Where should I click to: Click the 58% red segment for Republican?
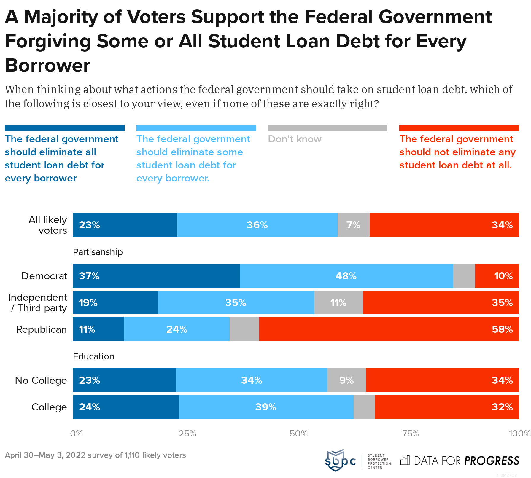(389, 329)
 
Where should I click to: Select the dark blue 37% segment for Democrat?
(156, 276)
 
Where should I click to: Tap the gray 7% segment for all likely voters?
(353, 225)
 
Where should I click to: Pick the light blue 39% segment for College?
(266, 407)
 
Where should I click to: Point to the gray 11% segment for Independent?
(338, 302)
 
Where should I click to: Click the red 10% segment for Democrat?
(497, 276)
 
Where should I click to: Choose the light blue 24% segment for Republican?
(177, 329)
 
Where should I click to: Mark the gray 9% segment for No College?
(346, 380)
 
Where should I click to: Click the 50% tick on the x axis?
(298, 434)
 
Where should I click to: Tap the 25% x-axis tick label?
(187, 434)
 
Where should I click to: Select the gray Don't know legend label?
(295, 139)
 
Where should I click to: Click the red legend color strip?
(459, 128)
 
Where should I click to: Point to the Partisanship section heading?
(98, 252)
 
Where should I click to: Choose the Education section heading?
(93, 356)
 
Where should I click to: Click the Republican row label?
(41, 329)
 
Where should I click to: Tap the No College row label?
(41, 380)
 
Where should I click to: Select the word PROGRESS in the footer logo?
(492, 461)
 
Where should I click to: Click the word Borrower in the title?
(47, 66)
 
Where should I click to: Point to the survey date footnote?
(95, 455)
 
